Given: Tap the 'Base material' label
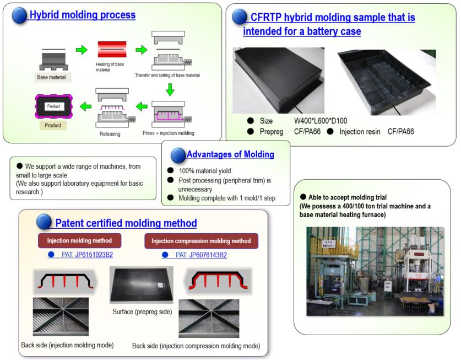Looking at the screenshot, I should click(51, 77).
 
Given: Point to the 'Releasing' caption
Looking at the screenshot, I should click(110, 133).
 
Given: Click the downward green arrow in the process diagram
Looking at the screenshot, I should click(171, 88).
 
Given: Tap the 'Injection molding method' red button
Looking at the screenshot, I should click(80, 241).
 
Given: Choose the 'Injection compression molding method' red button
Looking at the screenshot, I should click(201, 241).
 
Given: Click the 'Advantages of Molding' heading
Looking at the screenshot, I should click(230, 154).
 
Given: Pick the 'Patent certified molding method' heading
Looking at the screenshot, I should click(126, 223).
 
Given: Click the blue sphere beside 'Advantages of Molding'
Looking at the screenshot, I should click(178, 155).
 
